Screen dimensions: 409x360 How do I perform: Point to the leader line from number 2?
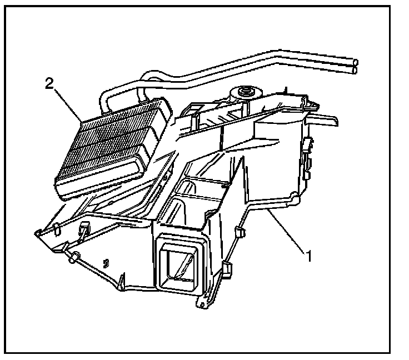coord(67,102)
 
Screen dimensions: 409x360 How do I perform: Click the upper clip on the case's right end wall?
coord(306,146)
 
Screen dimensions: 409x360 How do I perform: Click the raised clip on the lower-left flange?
coord(84,228)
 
